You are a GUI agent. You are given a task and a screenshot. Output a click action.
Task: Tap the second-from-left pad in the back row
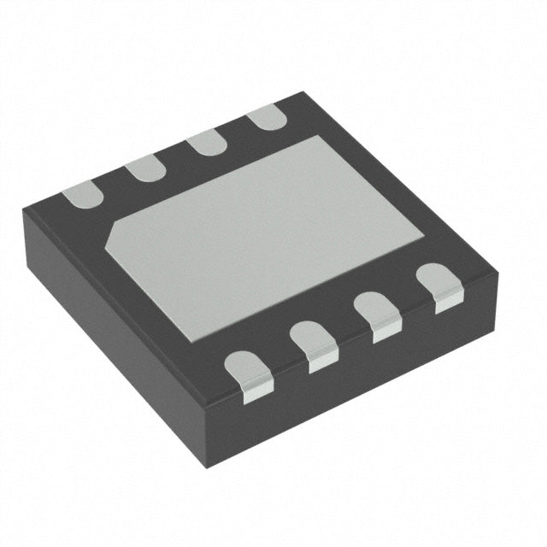click(146, 168)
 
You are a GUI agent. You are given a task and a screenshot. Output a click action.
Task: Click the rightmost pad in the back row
click(264, 116)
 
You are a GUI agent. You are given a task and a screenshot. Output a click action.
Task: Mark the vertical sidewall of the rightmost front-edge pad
click(448, 301)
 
